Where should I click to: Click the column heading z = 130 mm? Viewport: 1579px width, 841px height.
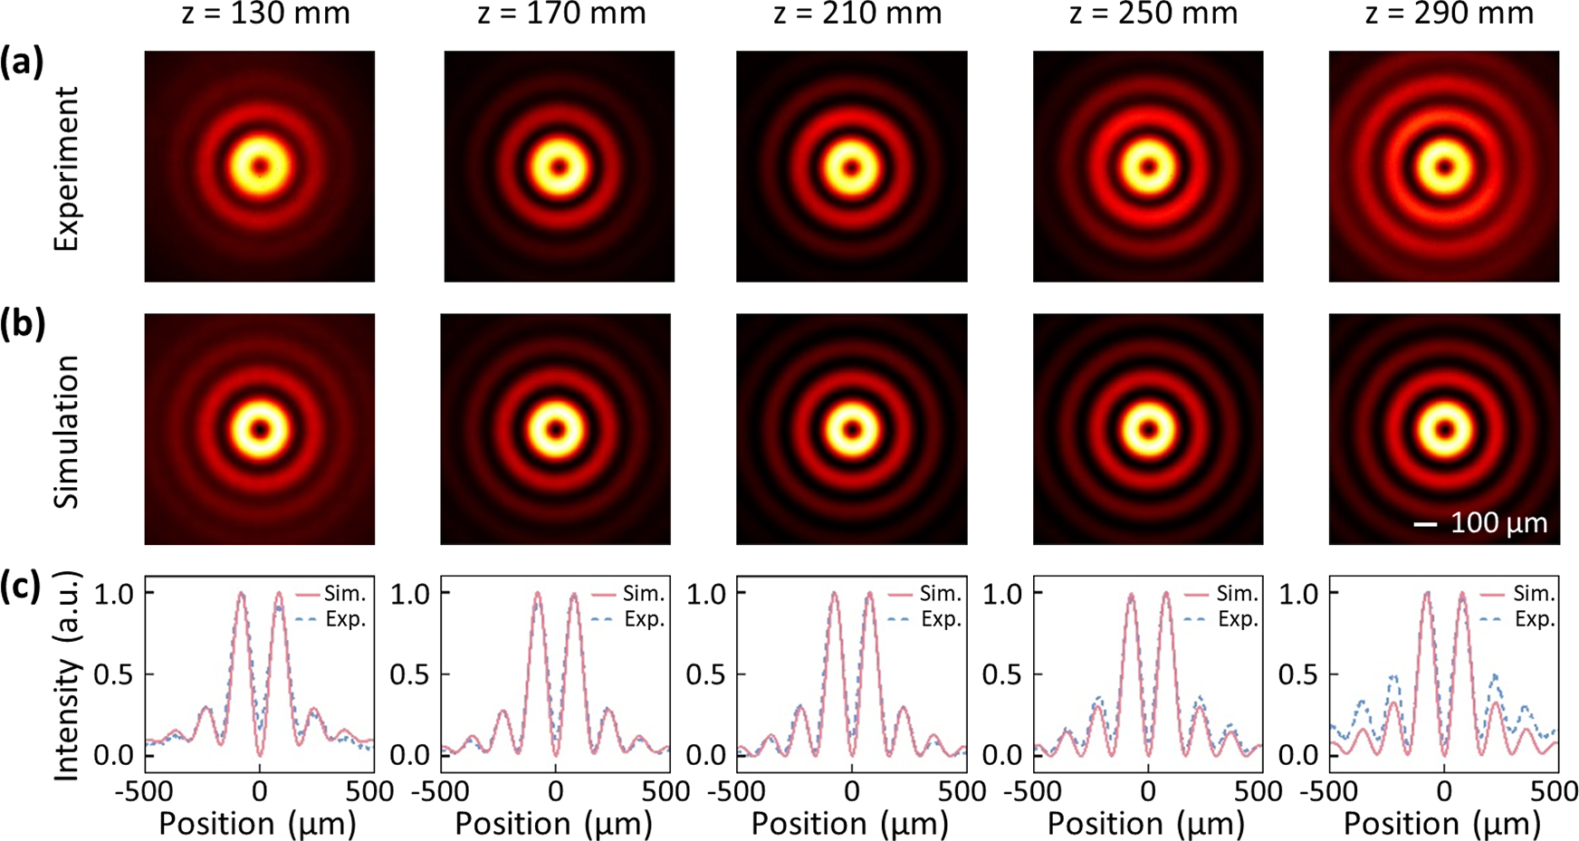point(265,14)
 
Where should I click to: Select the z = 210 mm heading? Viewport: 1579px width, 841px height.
point(857,14)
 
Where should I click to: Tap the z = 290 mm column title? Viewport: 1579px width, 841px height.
point(1450,14)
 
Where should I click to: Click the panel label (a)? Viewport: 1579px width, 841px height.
point(22,63)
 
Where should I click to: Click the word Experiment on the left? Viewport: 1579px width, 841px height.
point(66,168)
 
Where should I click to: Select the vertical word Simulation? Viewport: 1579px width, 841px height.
point(66,432)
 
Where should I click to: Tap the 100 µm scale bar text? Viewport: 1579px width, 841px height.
point(1498,523)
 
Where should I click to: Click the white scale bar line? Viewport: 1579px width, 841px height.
point(1426,524)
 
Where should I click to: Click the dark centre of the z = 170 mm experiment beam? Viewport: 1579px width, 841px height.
point(559,167)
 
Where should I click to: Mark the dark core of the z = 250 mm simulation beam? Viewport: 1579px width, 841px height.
point(1148,429)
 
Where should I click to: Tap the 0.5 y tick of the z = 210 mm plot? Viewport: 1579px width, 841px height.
point(706,674)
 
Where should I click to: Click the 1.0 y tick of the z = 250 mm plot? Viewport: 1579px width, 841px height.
point(1002,594)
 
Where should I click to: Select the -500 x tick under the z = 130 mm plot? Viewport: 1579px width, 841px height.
point(144,791)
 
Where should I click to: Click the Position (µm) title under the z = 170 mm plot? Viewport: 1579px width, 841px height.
point(554,824)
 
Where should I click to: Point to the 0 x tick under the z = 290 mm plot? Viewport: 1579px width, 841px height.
point(1444,791)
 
